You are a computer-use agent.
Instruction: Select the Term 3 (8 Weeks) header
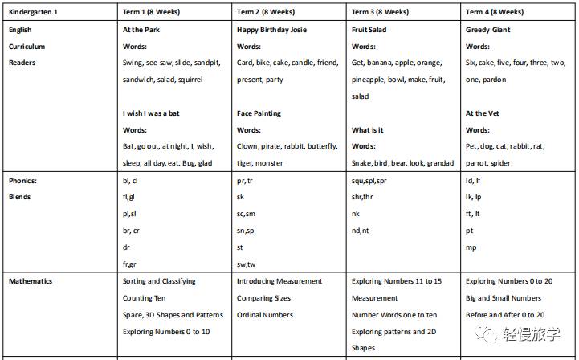[381, 12]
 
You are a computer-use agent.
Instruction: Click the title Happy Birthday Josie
[271, 30]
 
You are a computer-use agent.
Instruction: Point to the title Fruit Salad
[371, 30]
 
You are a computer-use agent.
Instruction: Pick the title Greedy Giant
[487, 30]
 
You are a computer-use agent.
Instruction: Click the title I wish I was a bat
[151, 113]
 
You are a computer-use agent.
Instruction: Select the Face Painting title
[259, 113]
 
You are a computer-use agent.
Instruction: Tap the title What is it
[368, 130]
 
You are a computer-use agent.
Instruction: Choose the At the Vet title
[483, 113]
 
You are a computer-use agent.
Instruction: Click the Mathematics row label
[31, 281]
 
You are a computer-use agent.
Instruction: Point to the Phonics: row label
[23, 181]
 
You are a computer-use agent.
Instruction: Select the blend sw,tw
[246, 264]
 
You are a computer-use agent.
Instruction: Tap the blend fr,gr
[129, 264]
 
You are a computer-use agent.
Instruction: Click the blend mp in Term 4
[471, 247]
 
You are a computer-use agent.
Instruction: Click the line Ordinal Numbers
[265, 315]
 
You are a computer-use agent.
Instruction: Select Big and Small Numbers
[504, 298]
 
